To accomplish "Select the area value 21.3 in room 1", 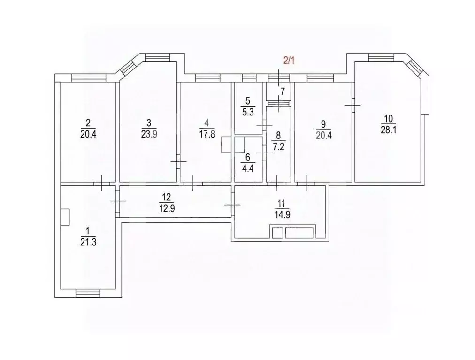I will (x=87, y=242).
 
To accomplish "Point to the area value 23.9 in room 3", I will (x=149, y=133).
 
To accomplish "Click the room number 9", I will (x=322, y=124).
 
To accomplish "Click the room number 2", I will (x=87, y=123).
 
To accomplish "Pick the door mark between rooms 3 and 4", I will (x=178, y=161).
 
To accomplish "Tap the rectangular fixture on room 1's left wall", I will (x=66, y=218).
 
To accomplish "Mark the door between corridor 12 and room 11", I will (x=232, y=205).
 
